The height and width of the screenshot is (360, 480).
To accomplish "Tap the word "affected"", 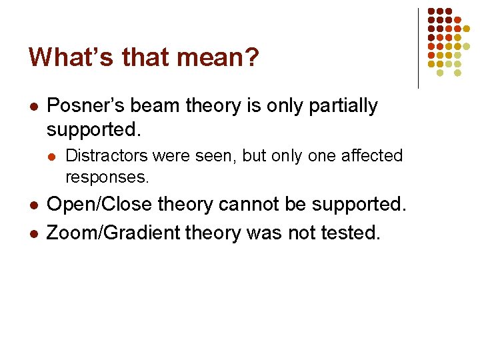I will [372, 156].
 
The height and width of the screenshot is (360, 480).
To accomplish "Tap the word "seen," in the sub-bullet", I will [217, 156].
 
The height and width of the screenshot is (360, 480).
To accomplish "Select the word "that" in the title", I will [138, 57].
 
